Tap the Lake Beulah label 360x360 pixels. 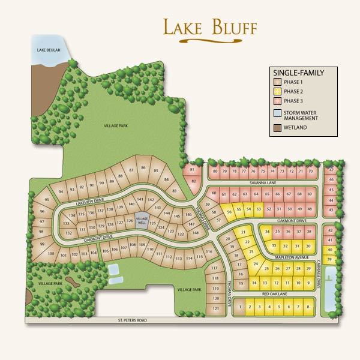[x=47, y=49]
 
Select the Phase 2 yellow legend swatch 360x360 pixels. [x=277, y=91]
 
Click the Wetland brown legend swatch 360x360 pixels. [x=277, y=127]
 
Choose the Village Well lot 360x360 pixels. [x=142, y=222]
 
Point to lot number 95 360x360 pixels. [x=47, y=200]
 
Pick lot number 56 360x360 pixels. [x=229, y=212]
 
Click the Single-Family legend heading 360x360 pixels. [x=298, y=73]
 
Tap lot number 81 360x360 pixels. [x=192, y=170]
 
